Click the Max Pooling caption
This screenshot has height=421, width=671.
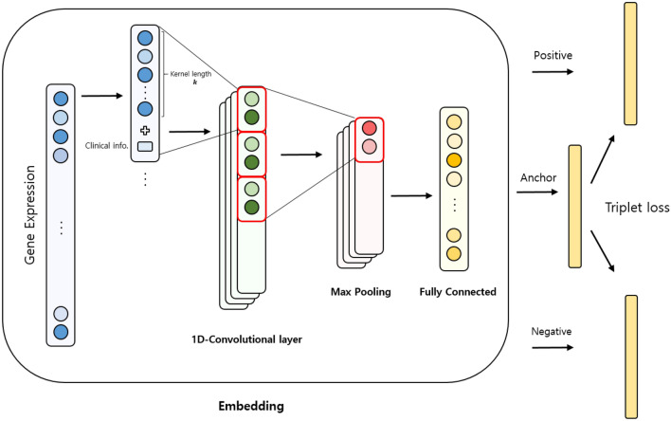(356, 292)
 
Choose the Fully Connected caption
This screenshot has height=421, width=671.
(458, 292)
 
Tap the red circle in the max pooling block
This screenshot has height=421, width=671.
(368, 128)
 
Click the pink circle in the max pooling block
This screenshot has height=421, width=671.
(368, 147)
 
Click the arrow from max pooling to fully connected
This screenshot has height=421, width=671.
(407, 196)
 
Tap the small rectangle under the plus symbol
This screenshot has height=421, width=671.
(144, 146)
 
